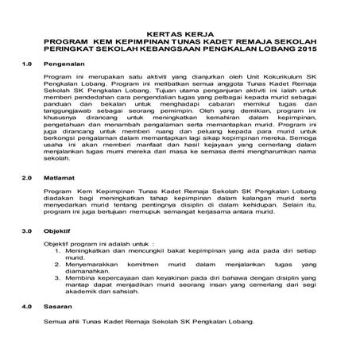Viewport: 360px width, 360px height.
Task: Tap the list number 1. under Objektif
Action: coord(58,250)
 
